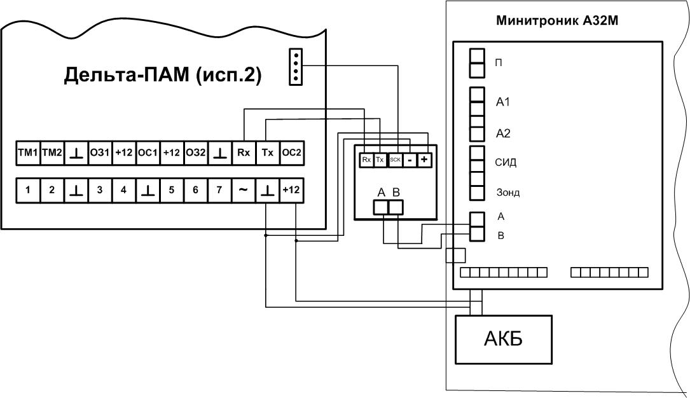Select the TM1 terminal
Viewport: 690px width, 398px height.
click(x=27, y=153)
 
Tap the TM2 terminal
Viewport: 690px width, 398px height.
click(x=52, y=153)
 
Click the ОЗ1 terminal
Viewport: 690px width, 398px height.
click(x=100, y=153)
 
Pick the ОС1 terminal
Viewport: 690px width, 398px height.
click(x=148, y=153)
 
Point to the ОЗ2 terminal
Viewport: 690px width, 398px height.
click(x=195, y=153)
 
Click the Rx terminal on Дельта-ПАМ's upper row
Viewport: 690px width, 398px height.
click(x=243, y=153)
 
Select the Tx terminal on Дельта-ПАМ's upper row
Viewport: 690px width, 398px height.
click(x=267, y=153)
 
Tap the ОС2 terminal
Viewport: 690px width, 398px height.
click(x=291, y=153)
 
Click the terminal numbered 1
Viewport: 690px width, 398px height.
click(x=27, y=190)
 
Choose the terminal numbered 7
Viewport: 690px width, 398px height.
click(x=219, y=190)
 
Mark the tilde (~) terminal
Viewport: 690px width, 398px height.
click(x=243, y=190)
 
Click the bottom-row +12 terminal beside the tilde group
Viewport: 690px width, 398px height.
click(x=291, y=190)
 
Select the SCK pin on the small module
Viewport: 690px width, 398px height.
click(x=395, y=160)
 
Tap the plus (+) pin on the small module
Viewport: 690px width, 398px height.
click(x=424, y=160)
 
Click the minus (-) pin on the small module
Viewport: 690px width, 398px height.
click(x=410, y=160)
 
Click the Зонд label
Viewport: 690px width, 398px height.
click(x=507, y=193)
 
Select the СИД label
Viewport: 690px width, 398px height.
click(x=506, y=163)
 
